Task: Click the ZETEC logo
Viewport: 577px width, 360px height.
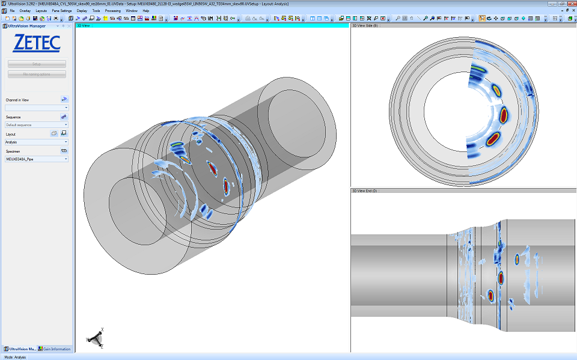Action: click(37, 43)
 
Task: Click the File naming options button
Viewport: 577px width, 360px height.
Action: click(37, 75)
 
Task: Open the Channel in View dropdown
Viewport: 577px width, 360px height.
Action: click(37, 108)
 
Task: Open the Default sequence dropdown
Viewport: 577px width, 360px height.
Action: click(37, 125)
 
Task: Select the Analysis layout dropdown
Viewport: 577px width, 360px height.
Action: click(37, 142)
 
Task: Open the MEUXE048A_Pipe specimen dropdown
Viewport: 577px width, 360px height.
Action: click(37, 159)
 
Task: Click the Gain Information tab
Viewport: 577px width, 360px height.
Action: click(55, 349)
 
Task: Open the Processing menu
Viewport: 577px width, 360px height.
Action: click(112, 11)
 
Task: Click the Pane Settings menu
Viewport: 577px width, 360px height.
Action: click(61, 11)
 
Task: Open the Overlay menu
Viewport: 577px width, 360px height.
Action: click(25, 11)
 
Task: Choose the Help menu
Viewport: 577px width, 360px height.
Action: click(145, 11)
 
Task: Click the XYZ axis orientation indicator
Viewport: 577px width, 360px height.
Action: click(95, 339)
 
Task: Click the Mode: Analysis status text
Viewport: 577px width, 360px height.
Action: click(15, 357)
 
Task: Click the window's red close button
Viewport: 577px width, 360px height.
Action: click(570, 3)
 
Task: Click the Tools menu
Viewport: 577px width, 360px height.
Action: click(96, 11)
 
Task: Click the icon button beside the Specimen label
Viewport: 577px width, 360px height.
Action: click(64, 151)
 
